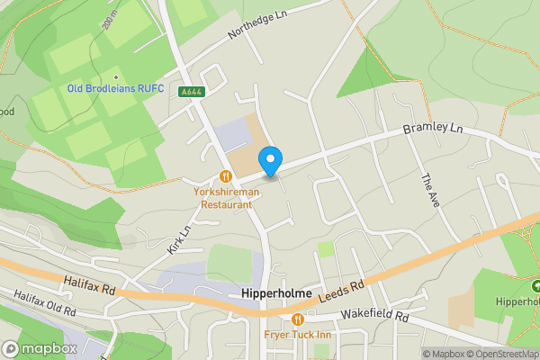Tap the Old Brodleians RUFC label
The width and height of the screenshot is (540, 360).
pos(114,88)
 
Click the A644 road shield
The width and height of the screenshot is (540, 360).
pos(191,91)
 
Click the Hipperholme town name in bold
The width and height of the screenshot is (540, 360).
pos(276,293)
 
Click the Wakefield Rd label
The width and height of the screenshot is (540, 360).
pos(374,318)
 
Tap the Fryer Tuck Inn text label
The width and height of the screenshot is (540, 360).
pos(298,336)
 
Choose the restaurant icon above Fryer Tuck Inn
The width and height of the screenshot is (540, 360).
pos(298,319)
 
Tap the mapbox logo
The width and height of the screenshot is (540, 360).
pos(39,348)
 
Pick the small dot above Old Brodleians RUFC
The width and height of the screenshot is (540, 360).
pos(115,76)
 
